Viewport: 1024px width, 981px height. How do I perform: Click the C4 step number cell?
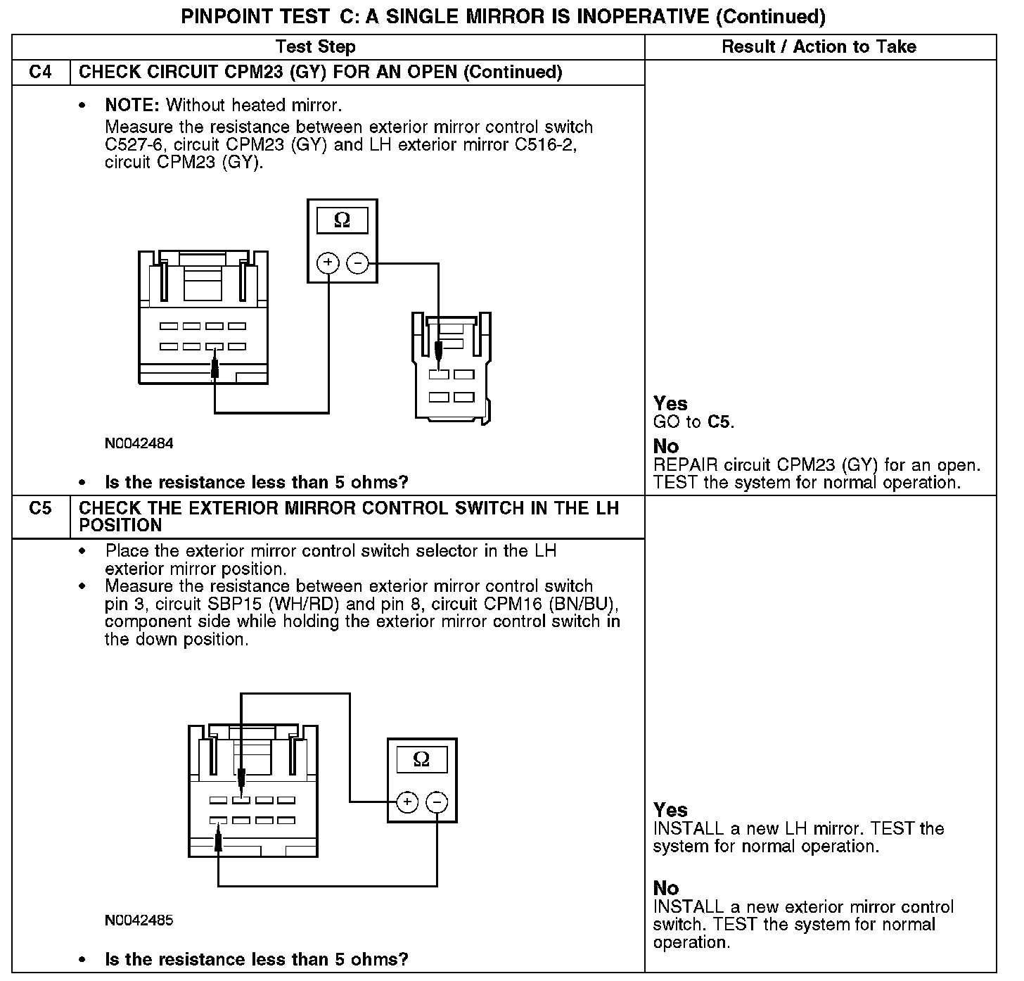[x=41, y=72]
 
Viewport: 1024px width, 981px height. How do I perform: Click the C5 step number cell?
[x=41, y=508]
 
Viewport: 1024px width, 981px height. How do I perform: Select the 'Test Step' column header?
[x=316, y=47]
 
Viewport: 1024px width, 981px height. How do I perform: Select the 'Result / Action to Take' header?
[x=819, y=47]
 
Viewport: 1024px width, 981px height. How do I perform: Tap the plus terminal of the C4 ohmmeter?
[x=328, y=264]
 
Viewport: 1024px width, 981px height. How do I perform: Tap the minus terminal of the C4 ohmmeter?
[x=357, y=264]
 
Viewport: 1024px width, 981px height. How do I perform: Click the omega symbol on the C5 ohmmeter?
[x=421, y=759]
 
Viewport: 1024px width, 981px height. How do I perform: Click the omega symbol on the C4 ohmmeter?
[x=342, y=220]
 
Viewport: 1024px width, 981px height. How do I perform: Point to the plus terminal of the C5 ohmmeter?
[x=407, y=802]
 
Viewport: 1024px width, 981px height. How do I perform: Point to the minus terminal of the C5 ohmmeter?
[x=437, y=802]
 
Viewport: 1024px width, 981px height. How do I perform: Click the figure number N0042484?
[x=139, y=443]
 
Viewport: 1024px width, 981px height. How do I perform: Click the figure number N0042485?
[x=139, y=920]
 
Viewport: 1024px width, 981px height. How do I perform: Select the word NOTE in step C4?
[x=132, y=106]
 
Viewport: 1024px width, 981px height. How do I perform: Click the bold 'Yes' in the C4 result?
[x=670, y=403]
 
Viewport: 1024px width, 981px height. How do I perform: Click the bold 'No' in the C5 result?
[x=666, y=888]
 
